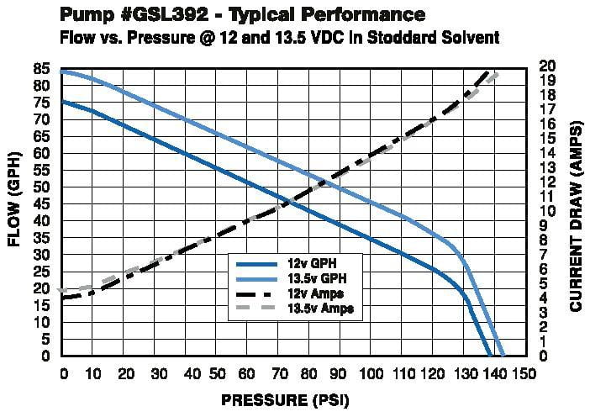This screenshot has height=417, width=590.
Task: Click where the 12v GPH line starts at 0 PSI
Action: [63, 102]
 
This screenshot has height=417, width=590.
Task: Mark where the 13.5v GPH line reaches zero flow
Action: [503, 356]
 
